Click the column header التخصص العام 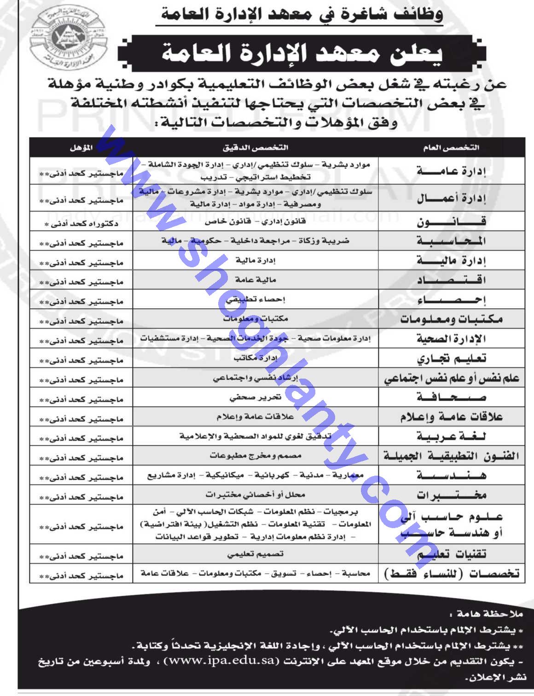click(x=451, y=148)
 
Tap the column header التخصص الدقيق click(x=255, y=148)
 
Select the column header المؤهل click(x=81, y=148)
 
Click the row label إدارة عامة click(x=451, y=171)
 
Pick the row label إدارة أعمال click(x=451, y=199)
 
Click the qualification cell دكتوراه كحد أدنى click(x=81, y=224)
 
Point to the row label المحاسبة click(x=451, y=241)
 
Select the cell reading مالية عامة click(x=255, y=280)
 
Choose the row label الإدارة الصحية click(x=451, y=339)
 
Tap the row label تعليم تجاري click(x=451, y=358)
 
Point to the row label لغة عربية click(x=451, y=436)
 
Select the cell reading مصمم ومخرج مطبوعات click(x=255, y=455)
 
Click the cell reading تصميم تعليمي click(x=255, y=554)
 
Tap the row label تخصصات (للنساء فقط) click(x=451, y=573)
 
